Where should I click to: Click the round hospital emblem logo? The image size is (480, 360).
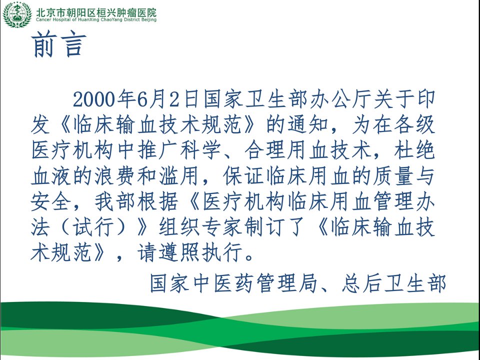(17, 14)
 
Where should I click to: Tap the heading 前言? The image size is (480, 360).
(58, 44)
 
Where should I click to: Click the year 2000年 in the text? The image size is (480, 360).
(104, 99)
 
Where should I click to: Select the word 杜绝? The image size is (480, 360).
(414, 150)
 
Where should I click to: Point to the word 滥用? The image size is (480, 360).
(179, 176)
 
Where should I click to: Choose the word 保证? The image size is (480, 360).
(243, 176)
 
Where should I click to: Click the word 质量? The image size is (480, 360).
(393, 176)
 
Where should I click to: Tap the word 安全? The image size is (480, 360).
(51, 202)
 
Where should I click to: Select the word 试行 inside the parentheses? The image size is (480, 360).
(93, 228)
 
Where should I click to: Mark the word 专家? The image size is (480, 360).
(222, 228)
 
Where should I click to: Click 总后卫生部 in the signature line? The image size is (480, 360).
(393, 283)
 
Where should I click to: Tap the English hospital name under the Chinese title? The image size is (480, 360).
(96, 20)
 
